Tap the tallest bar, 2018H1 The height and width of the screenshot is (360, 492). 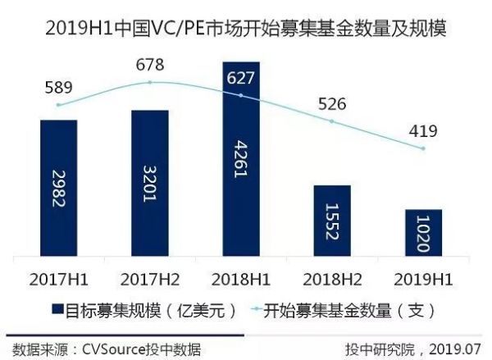[x=241, y=156]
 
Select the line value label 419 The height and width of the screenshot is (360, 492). [x=423, y=130]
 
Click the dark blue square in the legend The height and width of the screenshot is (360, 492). [x=59, y=311]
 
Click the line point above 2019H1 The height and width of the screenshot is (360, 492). [x=423, y=148]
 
